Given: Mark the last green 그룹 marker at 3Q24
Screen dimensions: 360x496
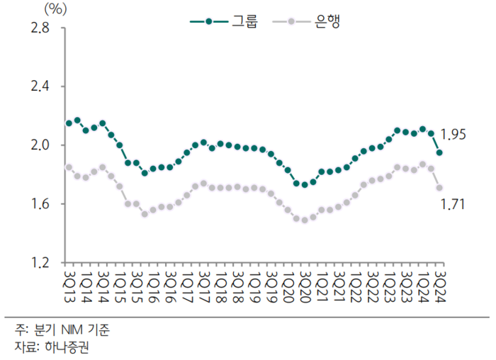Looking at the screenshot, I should coord(439,152).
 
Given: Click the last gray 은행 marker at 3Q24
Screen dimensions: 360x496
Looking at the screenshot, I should coord(439,188).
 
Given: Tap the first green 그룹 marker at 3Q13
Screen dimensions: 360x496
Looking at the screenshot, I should coord(69,123).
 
